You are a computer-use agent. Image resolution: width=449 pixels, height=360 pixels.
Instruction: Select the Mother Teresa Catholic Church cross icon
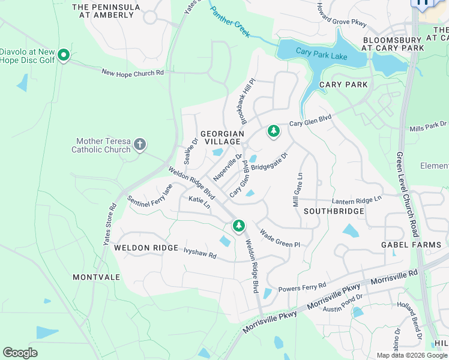coord(140,144)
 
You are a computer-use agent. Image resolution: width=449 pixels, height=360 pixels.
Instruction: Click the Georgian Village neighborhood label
coord(222,137)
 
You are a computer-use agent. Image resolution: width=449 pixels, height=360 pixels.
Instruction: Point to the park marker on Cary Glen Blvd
coord(273,130)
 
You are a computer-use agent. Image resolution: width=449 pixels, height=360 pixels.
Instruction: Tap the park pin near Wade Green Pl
coord(239,226)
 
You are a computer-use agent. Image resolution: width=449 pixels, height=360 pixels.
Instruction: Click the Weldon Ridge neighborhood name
coord(146,248)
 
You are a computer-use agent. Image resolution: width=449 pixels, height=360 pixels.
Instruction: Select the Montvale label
coord(96,277)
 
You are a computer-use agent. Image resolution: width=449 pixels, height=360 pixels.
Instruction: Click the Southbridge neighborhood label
coord(334,211)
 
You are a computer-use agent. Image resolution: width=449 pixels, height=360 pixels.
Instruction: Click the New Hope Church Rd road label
coord(132,73)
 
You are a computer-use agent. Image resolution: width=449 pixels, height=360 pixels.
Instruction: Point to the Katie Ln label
coord(199,202)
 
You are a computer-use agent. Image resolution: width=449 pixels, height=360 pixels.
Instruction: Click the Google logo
coord(20,352)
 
